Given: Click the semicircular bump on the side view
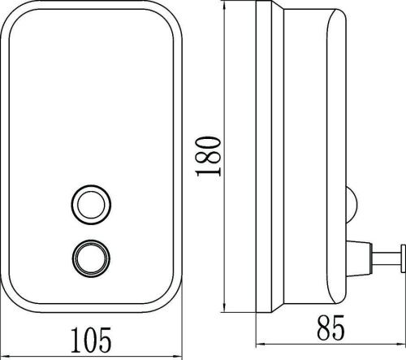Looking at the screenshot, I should (x=352, y=204).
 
